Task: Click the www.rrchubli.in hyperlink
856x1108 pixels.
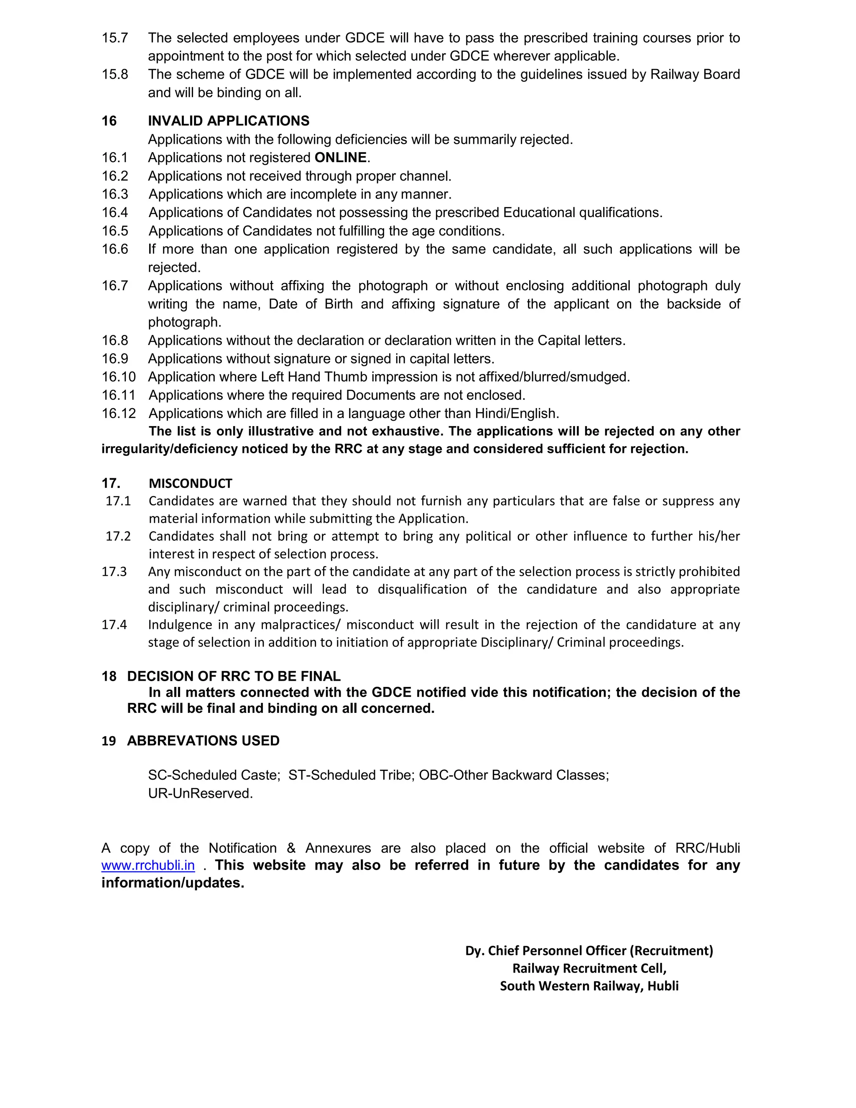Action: (148, 865)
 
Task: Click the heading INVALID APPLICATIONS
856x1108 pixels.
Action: (228, 121)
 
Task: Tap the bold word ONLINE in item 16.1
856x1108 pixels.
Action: (340, 158)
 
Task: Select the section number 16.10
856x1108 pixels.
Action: (119, 377)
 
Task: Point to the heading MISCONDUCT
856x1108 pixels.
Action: (190, 483)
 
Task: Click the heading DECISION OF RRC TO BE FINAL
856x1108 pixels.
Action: (233, 676)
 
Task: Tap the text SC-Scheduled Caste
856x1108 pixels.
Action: (214, 775)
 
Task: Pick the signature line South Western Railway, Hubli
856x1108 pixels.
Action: (589, 986)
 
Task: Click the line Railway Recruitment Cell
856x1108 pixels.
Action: (589, 968)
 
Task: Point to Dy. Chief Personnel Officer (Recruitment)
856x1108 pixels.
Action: (589, 950)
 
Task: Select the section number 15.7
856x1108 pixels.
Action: (115, 38)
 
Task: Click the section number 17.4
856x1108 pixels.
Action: (114, 625)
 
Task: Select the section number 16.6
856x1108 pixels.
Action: (115, 249)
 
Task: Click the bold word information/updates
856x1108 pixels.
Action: (173, 883)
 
